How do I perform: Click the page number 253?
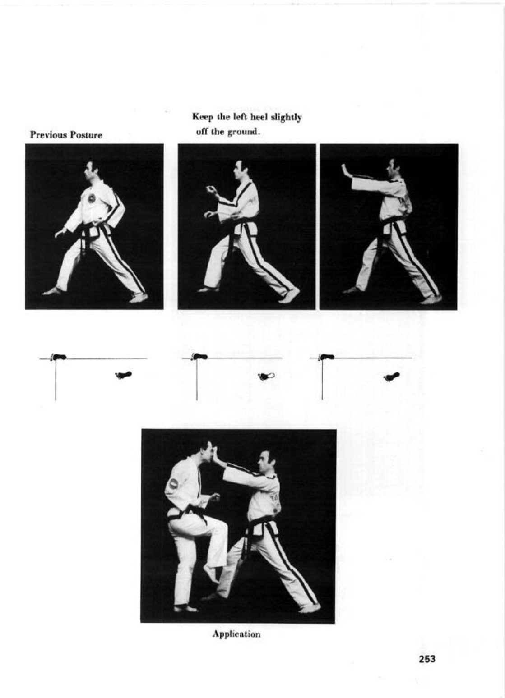[427, 659]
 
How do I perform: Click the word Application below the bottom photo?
[236, 634]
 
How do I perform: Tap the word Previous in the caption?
[48, 135]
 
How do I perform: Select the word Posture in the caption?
[86, 135]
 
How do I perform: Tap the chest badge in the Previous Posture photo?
[91, 198]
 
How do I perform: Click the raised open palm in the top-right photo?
[345, 170]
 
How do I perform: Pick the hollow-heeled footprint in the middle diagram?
[266, 377]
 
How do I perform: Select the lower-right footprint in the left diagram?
[124, 375]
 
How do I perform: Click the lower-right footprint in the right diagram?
[392, 377]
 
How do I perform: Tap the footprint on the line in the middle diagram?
[199, 357]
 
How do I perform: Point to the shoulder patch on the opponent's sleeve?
[173, 484]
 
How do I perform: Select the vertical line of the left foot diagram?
[56, 380]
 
